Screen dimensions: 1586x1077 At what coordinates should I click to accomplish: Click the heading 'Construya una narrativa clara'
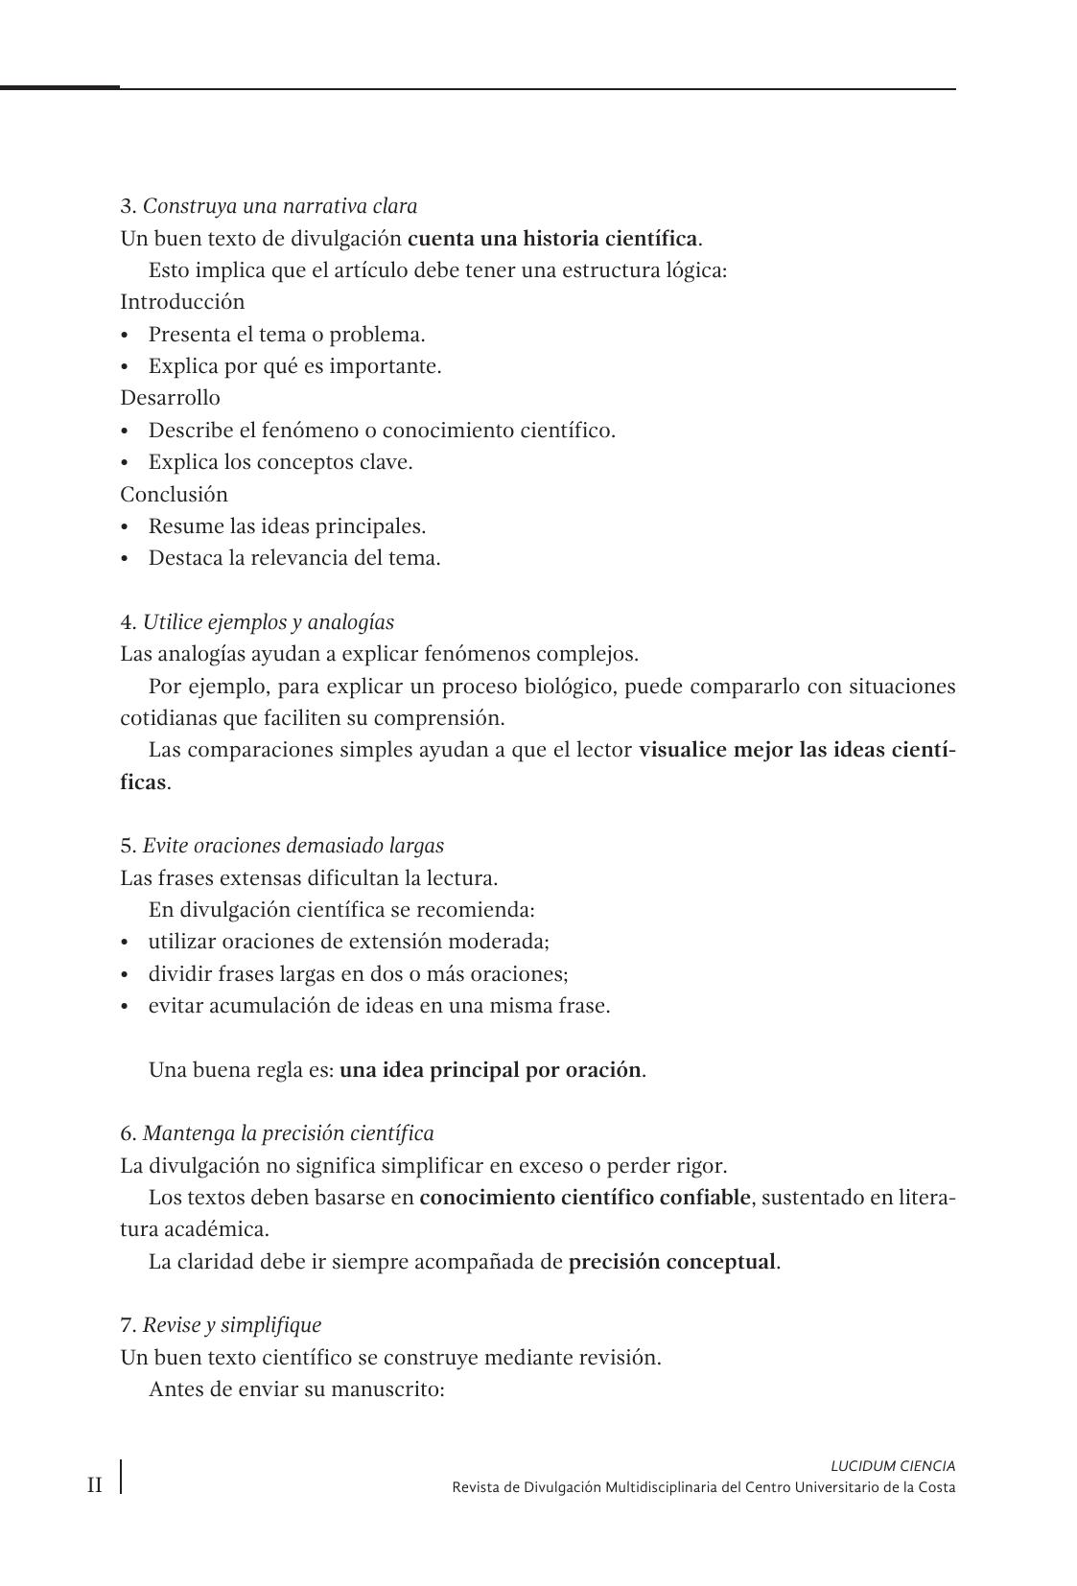(x=279, y=206)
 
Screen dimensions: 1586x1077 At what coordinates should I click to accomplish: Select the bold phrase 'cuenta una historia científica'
(x=552, y=238)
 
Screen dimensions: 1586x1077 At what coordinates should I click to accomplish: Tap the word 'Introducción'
(x=182, y=302)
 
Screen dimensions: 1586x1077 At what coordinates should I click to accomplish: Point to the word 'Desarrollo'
(x=170, y=398)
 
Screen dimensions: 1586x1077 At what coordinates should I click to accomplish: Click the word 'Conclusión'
(x=174, y=495)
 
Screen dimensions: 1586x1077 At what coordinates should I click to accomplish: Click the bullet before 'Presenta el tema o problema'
(x=125, y=336)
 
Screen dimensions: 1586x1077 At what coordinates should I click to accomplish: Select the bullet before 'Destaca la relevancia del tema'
(x=125, y=559)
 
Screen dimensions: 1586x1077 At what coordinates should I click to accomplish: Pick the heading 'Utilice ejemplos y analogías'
(x=268, y=622)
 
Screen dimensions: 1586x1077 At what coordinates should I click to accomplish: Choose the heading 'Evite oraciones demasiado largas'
(x=293, y=846)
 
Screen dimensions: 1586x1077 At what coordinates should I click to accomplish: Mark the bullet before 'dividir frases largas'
(x=125, y=975)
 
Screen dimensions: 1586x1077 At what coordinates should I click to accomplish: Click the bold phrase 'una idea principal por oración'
(x=490, y=1070)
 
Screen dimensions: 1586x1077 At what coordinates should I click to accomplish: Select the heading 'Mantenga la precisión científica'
(x=288, y=1133)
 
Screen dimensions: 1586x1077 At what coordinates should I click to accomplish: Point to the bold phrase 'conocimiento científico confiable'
(x=585, y=1198)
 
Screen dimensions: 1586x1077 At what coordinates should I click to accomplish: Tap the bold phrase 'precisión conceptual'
(x=671, y=1262)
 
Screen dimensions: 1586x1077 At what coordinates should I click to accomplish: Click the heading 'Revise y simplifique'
(x=231, y=1325)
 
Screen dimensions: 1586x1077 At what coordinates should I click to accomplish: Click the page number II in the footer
(x=95, y=1486)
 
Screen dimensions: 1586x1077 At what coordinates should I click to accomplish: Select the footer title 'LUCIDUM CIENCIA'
(x=892, y=1466)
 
